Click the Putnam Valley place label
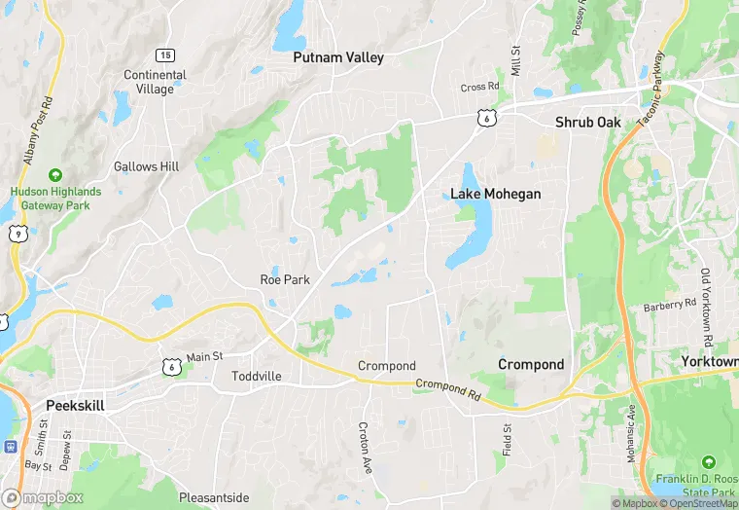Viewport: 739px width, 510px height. click(x=338, y=57)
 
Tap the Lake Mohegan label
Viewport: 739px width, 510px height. click(x=495, y=194)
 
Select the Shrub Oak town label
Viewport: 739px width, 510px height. click(x=587, y=122)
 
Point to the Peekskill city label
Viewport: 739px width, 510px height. click(x=75, y=404)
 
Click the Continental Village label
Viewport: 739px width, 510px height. click(x=155, y=82)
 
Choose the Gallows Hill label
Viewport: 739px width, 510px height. click(x=146, y=166)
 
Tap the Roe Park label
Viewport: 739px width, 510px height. click(x=285, y=279)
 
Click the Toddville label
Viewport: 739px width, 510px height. click(x=257, y=376)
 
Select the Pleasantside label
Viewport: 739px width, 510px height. click(x=214, y=497)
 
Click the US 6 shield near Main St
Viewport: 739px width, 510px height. click(x=170, y=366)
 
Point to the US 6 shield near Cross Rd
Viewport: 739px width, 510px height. click(x=484, y=117)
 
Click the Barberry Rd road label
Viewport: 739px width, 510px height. click(x=671, y=306)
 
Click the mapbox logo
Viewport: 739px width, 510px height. click(x=42, y=497)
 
